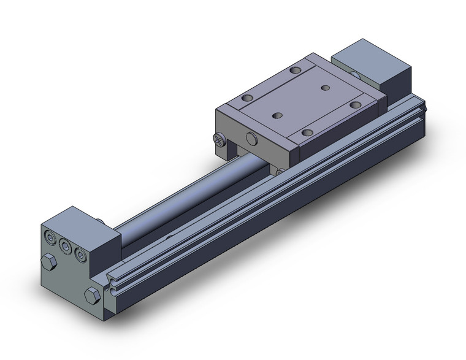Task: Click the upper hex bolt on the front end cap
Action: coord(48,263)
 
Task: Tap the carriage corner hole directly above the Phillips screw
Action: coord(248,97)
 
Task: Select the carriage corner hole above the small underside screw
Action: coord(305,131)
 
